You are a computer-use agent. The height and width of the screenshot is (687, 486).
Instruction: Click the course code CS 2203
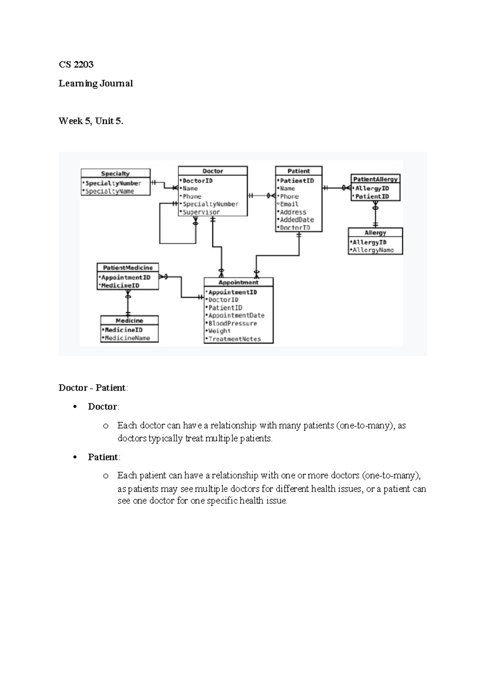[x=76, y=64]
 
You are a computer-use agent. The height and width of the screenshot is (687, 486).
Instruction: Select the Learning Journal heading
[x=96, y=83]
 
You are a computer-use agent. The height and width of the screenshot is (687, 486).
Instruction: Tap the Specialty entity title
[x=115, y=173]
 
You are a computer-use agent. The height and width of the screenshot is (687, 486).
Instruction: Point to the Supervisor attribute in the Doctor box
[x=201, y=212]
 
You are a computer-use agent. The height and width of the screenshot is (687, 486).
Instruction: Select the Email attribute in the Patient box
[x=289, y=204]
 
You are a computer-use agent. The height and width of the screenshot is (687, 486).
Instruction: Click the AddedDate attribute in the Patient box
[x=297, y=220]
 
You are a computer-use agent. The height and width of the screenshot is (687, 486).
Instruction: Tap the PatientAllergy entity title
[x=375, y=179]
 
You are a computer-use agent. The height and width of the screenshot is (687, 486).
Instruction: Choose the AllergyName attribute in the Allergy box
[x=373, y=250]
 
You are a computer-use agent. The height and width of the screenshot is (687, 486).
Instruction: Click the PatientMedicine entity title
[x=128, y=268]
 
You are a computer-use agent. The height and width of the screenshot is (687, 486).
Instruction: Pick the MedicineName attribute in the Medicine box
[x=127, y=338]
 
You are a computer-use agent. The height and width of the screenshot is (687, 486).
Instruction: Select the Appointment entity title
[x=238, y=282]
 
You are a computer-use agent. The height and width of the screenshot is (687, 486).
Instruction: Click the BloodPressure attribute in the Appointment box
[x=232, y=323]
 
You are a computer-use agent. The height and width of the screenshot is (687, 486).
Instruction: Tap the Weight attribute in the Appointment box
[x=219, y=331]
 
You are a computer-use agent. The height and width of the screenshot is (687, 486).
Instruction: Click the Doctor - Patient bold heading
[x=93, y=388]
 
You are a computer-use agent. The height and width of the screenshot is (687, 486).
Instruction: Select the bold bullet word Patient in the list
[x=103, y=457]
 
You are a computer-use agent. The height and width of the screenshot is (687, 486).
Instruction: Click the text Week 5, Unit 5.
[x=91, y=121]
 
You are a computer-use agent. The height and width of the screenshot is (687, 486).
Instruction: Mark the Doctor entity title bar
[x=213, y=171]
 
